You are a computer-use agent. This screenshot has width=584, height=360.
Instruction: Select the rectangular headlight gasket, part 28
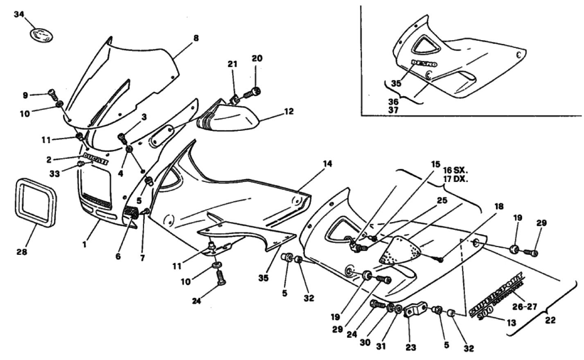pyautogui.click(x=36, y=202)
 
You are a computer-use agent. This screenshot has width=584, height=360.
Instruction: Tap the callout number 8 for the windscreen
pyautogui.click(x=196, y=38)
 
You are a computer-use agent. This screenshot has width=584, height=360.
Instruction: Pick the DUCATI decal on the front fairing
pyautogui.click(x=96, y=158)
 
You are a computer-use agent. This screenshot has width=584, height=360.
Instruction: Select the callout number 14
pyautogui.click(x=327, y=164)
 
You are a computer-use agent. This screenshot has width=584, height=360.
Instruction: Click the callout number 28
pyautogui.click(x=21, y=252)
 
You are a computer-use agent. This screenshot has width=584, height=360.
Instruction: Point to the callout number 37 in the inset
pyautogui.click(x=393, y=110)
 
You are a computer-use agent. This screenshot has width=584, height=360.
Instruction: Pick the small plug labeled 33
pyautogui.click(x=81, y=164)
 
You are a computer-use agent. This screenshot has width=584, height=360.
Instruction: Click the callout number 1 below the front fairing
pyautogui.click(x=84, y=245)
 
